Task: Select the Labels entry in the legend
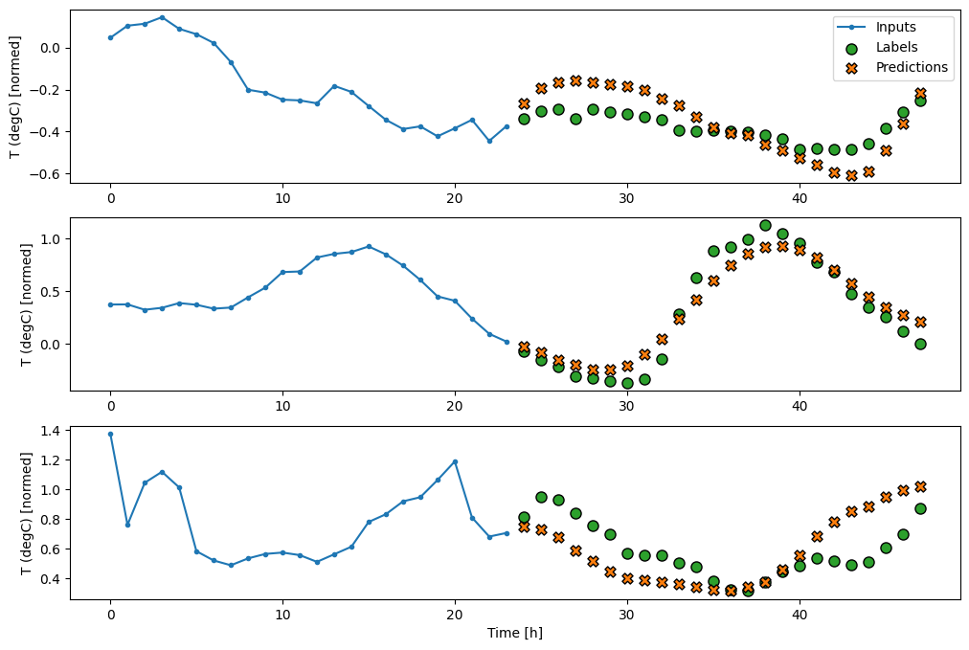[x=897, y=47]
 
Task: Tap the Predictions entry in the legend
[x=911, y=67]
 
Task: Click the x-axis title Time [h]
[x=515, y=633]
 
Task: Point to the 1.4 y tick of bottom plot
[x=49, y=432]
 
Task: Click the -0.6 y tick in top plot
[x=44, y=173]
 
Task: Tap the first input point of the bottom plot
[x=110, y=434]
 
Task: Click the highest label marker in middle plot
[x=765, y=225]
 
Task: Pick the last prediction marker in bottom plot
[x=920, y=486]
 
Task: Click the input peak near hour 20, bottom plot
[x=455, y=461]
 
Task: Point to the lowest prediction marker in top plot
[x=851, y=175]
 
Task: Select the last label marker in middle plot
[x=920, y=344]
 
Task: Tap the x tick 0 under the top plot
[x=110, y=196]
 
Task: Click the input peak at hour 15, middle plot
[x=369, y=246]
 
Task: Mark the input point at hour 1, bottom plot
[x=127, y=525]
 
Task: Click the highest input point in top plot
[x=162, y=17]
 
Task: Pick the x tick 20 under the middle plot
[x=455, y=405]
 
